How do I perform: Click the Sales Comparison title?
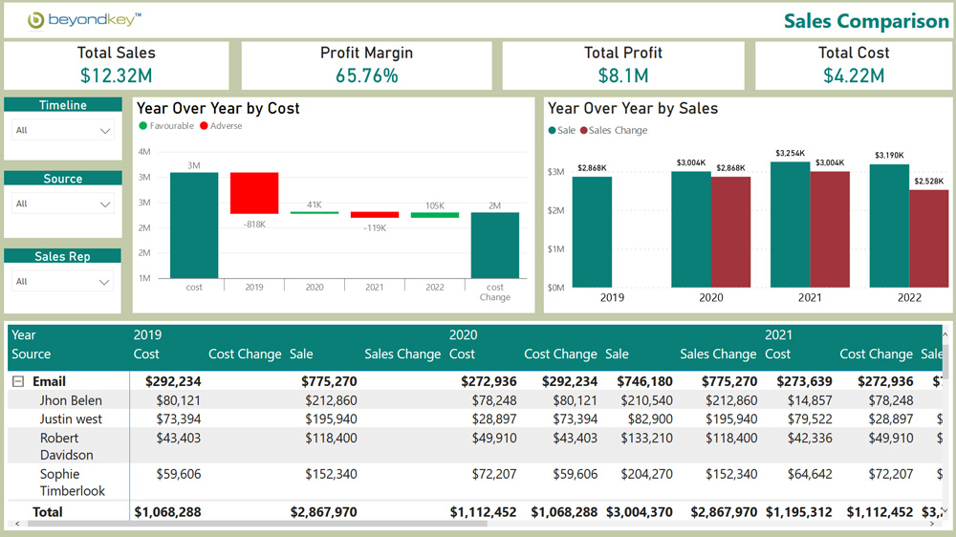click(866, 21)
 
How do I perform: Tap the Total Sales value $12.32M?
click(116, 75)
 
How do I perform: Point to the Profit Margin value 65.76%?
click(366, 75)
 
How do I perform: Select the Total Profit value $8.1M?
click(622, 75)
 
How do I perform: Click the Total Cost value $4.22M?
click(854, 75)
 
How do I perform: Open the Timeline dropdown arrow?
click(105, 131)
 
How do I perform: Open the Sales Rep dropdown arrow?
click(105, 282)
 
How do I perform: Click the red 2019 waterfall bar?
click(254, 193)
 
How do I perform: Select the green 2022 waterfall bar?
click(435, 215)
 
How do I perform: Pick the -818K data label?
click(254, 225)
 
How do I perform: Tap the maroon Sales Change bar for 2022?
click(928, 238)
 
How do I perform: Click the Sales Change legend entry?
click(613, 131)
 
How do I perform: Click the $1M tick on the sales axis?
click(555, 248)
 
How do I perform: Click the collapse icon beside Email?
click(18, 381)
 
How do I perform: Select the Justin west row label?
click(71, 419)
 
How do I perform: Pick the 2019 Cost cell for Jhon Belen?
click(179, 400)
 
